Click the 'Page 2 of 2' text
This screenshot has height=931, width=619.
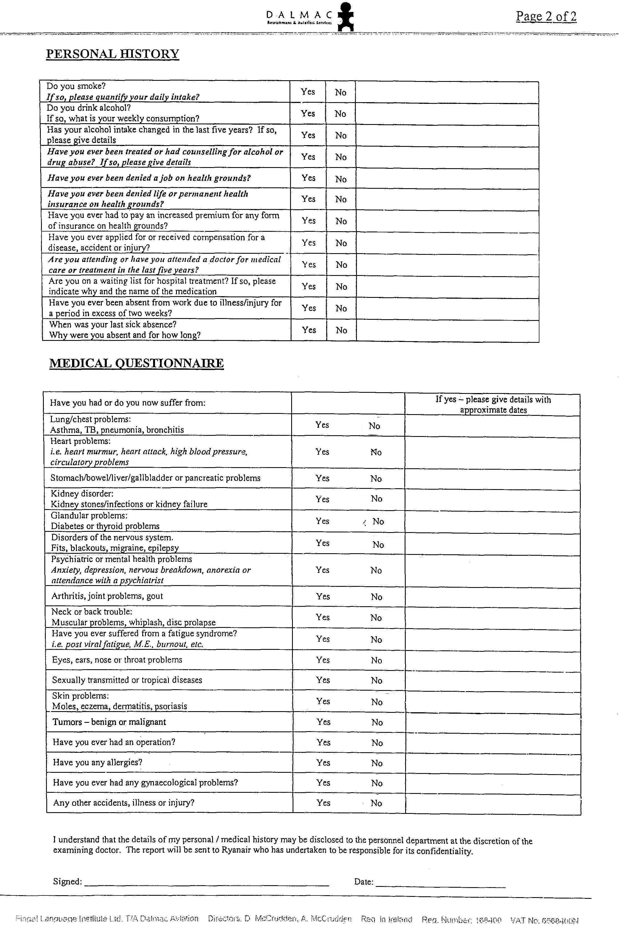point(546,17)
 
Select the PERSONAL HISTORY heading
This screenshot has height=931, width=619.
point(113,54)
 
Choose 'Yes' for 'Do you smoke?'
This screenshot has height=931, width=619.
point(308,92)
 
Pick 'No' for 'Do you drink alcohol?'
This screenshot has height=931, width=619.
point(340,114)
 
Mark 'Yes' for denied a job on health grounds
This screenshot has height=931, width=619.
point(308,178)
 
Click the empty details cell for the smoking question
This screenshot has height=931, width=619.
point(447,92)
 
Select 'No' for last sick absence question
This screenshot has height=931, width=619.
point(341,330)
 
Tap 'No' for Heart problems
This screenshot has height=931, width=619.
point(376,452)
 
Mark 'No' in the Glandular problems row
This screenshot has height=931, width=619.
point(378,522)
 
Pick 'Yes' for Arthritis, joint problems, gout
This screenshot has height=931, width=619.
point(323,596)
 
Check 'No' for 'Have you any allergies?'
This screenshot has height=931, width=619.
point(377,763)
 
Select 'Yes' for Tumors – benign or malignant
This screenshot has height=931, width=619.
point(323,722)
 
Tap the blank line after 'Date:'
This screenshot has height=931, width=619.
point(440,883)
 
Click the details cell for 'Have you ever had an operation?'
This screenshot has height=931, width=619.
point(493,743)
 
